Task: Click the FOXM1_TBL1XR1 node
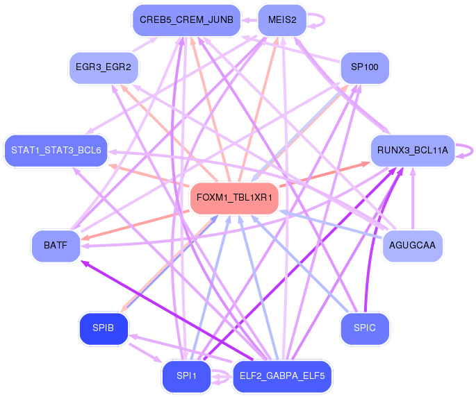pos(234,198)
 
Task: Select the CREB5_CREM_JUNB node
pos(186,20)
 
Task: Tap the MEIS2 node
pos(282,20)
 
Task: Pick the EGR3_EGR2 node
pos(104,67)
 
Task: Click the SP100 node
pos(365,67)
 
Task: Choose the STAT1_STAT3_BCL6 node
pos(56,151)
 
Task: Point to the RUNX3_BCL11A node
pos(413,151)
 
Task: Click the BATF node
pos(56,246)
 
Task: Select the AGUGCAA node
pos(412,246)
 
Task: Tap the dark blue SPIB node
pos(104,328)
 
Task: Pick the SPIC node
pos(365,328)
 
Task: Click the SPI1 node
pos(186,376)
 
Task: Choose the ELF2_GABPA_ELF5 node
pos(282,376)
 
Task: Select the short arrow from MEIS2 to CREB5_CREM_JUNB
pos(249,20)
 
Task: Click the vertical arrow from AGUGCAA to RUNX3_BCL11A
pos(413,198)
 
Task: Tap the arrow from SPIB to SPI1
pos(145,353)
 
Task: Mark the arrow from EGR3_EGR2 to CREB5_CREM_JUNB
pos(145,44)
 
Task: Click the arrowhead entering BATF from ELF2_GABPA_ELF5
pos(85,263)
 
